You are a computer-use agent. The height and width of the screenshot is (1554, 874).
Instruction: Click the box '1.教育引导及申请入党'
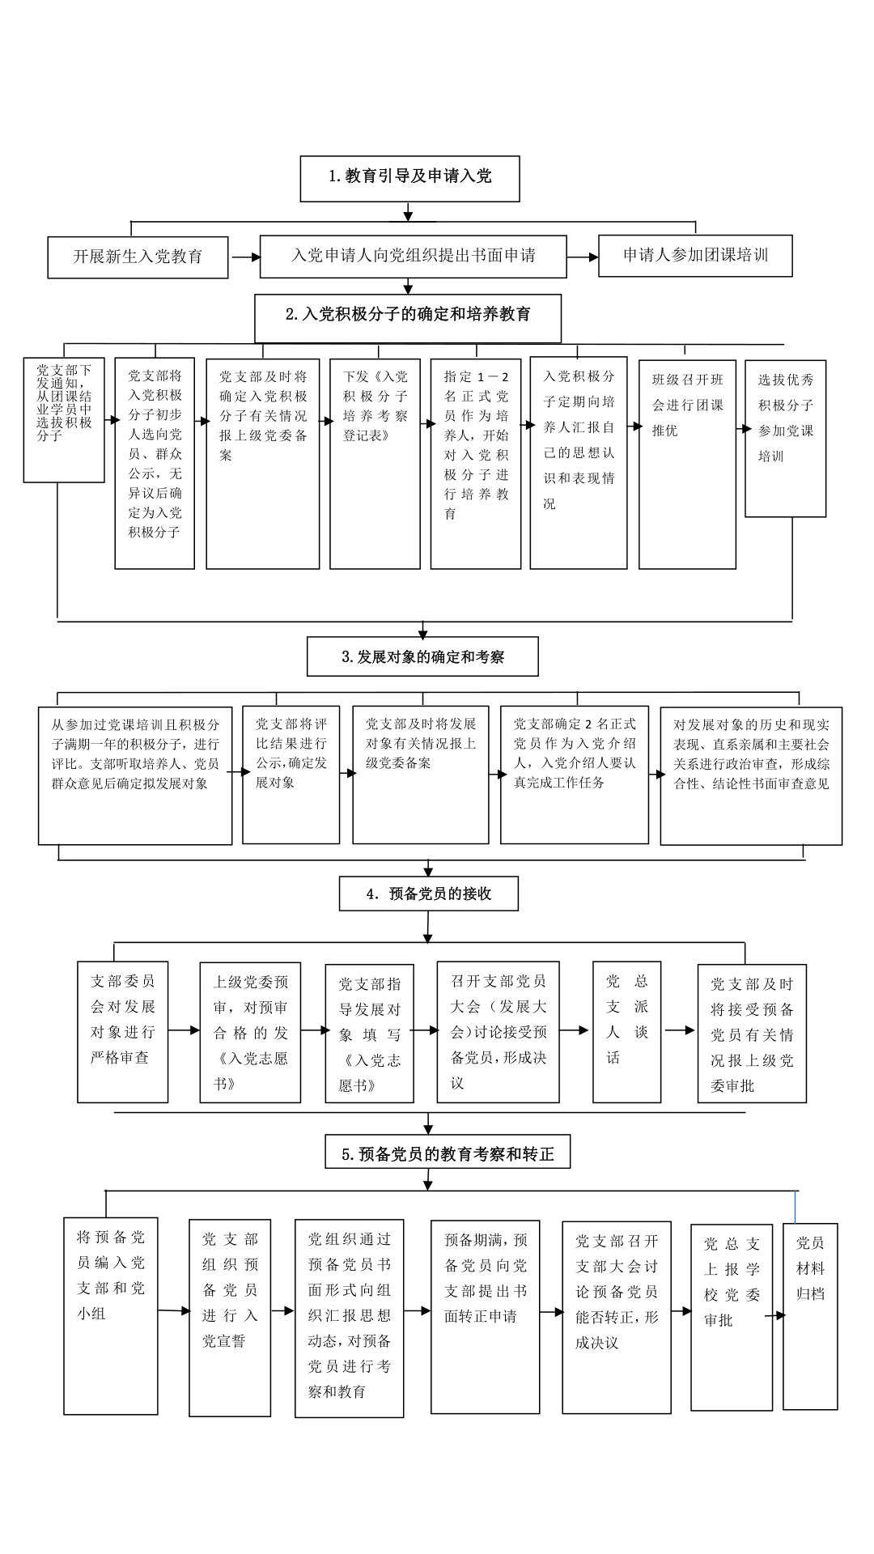tap(409, 178)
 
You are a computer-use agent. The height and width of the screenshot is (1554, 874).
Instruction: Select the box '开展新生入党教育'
tap(138, 257)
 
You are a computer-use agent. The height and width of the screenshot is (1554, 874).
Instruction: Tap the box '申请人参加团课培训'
tap(695, 256)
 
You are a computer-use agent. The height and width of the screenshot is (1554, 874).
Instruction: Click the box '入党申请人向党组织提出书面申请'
tap(413, 257)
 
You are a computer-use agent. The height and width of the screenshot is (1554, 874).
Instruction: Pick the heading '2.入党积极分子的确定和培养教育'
tap(408, 317)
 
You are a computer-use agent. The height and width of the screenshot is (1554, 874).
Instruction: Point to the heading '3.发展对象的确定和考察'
tap(422, 656)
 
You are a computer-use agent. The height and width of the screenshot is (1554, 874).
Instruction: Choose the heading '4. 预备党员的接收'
tap(428, 894)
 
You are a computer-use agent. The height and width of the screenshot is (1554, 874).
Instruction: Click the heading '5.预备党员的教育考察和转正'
tap(448, 1153)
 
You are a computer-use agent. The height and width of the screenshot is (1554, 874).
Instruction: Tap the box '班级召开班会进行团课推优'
tap(687, 464)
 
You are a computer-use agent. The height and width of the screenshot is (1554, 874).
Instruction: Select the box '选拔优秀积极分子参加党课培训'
tap(785, 438)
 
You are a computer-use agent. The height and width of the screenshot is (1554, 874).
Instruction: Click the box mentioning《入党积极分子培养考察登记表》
tap(375, 464)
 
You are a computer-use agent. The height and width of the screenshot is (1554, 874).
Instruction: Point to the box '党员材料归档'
tap(810, 1316)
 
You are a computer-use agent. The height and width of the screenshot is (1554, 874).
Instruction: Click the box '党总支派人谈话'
tap(626, 1032)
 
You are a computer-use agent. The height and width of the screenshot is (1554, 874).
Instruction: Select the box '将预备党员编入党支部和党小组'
tap(111, 1316)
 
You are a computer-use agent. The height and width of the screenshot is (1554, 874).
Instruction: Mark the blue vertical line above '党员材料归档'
tap(796, 1207)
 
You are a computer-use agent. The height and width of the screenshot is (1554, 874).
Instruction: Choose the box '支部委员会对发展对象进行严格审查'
tap(122, 1032)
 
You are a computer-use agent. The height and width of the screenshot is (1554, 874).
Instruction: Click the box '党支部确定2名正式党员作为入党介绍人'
tap(575, 775)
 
